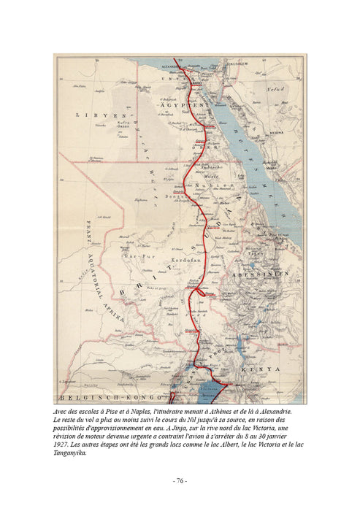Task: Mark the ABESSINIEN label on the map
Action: pos(271,273)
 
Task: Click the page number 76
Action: pos(180,482)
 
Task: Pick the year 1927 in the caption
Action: pos(64,444)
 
